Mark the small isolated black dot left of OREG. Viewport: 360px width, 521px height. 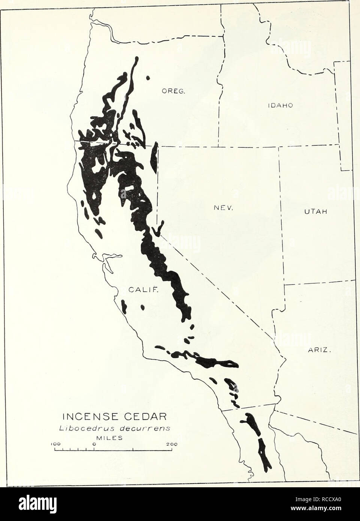tap(148, 78)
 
